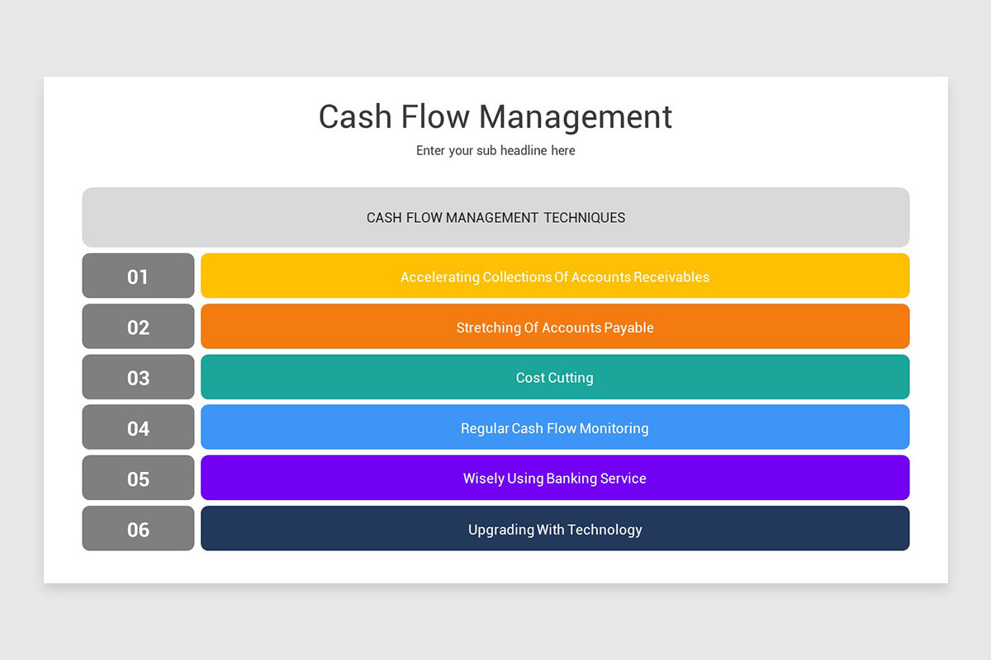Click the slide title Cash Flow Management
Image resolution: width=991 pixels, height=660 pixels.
pos(495,116)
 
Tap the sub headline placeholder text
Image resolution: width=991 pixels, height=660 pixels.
pos(495,151)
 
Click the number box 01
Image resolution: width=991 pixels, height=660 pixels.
pos(138,276)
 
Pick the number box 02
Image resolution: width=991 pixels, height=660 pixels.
pos(138,327)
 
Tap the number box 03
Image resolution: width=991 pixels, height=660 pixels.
pos(138,378)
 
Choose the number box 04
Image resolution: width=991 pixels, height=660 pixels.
pos(138,428)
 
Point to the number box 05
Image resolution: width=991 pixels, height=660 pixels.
pos(138,478)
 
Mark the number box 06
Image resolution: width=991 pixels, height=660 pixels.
pos(138,529)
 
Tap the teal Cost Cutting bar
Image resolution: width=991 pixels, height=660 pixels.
pos(555,378)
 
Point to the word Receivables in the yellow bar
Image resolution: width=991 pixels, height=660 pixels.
pos(671,277)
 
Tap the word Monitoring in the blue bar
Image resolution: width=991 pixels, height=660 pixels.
pos(614,428)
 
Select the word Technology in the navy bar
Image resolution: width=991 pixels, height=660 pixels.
pos(605,530)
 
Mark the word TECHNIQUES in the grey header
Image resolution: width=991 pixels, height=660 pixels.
pos(584,218)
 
